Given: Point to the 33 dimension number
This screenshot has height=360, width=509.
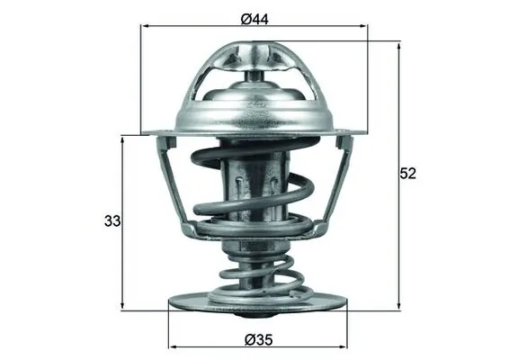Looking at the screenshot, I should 111,220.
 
